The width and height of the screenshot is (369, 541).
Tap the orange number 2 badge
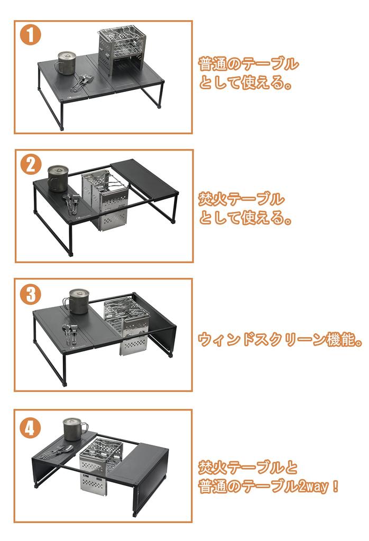pos(31,165)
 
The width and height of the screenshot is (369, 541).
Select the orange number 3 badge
pos(30,294)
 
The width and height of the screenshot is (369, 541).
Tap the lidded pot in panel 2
pos(58,178)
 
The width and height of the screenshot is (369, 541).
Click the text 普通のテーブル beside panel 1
pos(248,65)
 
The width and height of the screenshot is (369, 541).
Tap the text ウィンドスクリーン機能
pos(280,339)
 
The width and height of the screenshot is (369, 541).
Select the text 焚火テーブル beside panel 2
pos(241,199)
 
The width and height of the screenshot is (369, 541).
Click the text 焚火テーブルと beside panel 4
pos(248,468)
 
